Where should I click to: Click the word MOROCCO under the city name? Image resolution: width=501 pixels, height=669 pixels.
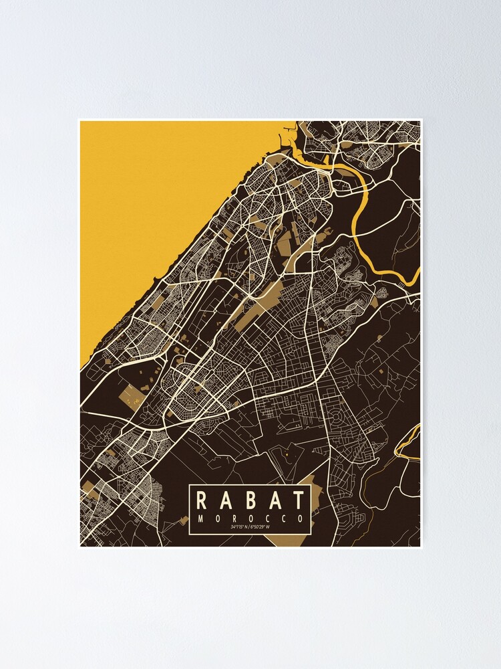pyautogui.click(x=250, y=518)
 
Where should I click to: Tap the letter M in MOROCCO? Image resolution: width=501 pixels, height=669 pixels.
pyautogui.click(x=200, y=518)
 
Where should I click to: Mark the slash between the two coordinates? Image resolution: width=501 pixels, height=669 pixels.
pyautogui.click(x=251, y=528)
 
